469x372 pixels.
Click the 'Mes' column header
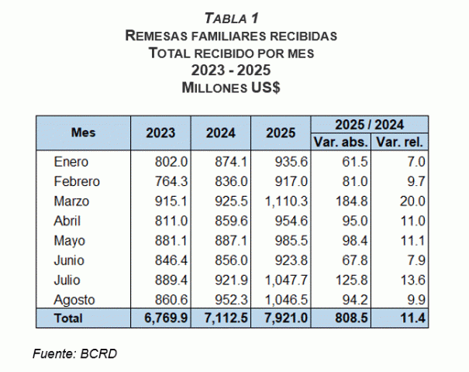point(83,133)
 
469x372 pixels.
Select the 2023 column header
point(160,133)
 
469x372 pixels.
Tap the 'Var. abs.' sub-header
point(340,143)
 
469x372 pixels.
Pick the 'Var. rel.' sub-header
point(399,143)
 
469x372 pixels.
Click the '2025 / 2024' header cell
point(370,124)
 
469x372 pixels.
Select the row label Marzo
point(72,201)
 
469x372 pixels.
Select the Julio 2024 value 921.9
point(230,280)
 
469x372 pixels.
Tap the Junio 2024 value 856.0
point(230,260)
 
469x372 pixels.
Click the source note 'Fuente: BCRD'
point(75,354)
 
